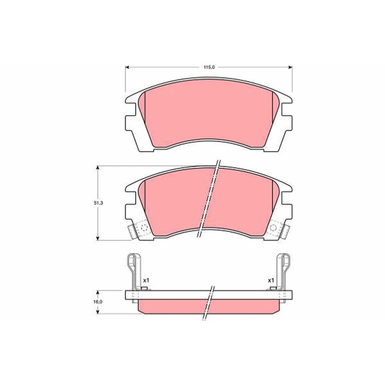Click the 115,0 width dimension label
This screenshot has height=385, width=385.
pos(209,67)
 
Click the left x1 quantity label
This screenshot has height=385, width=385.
pos(146,280)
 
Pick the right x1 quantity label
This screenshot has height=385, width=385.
pos(271,280)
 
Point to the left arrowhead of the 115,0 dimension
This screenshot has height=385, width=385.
pos(127,67)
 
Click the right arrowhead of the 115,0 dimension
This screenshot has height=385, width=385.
pos(291,67)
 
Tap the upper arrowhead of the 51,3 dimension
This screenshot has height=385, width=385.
pos(98,168)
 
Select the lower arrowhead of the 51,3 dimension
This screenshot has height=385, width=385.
pos(98,238)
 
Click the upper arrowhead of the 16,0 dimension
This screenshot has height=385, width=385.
pos(98,293)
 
